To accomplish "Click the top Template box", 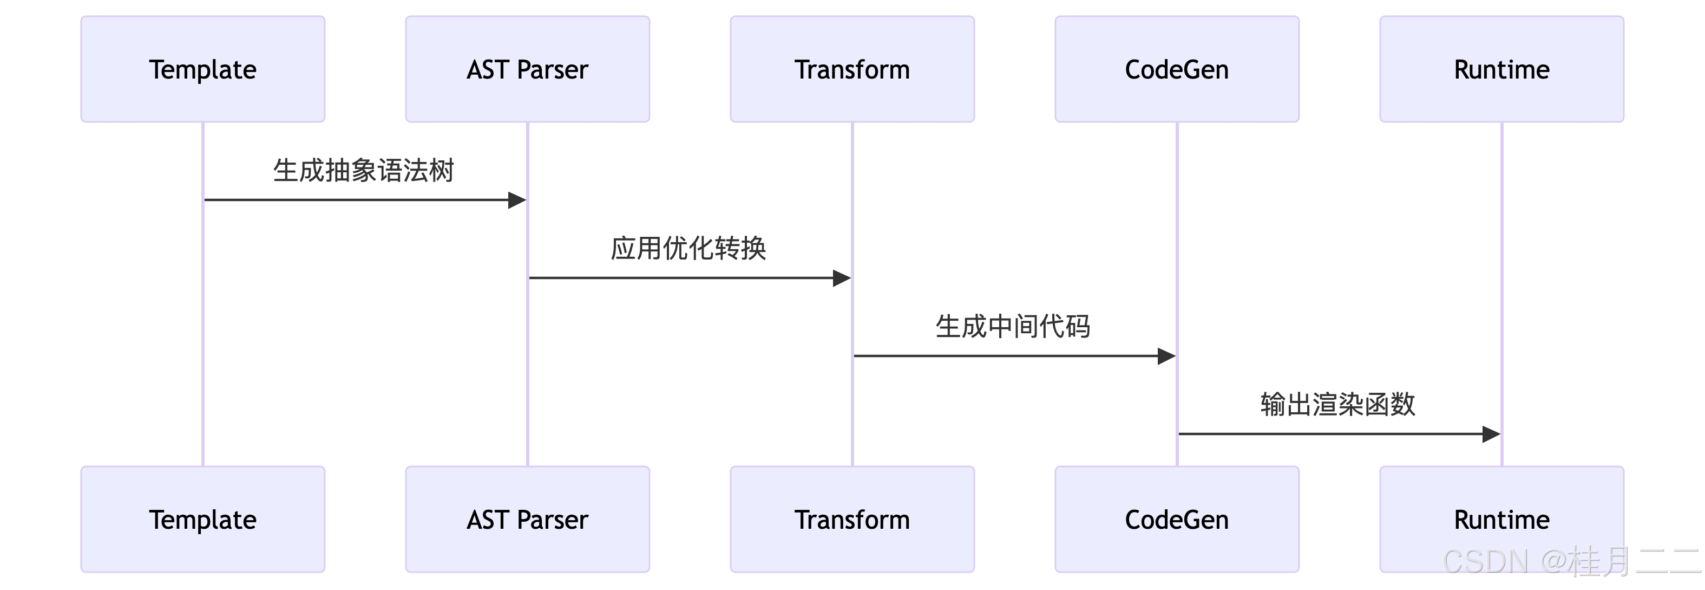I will click(x=202, y=69).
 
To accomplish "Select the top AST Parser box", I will click(x=528, y=69).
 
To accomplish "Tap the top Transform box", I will click(x=852, y=69).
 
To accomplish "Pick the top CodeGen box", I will click(x=1177, y=69).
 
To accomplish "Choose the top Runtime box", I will click(x=1501, y=69).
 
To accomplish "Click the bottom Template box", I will click(x=202, y=520).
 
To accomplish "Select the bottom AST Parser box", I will click(x=528, y=520).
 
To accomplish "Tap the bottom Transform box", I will click(x=852, y=520).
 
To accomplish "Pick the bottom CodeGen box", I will click(x=1177, y=520).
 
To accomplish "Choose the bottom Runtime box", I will click(x=1501, y=520).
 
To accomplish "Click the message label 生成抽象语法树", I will click(x=363, y=171).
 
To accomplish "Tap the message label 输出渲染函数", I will click(x=1337, y=405).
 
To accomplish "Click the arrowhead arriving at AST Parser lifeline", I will click(x=517, y=200).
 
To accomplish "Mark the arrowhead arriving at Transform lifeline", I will click(x=841, y=278).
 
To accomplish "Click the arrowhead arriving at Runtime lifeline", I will click(x=1491, y=435).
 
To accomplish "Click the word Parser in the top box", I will click(x=552, y=69).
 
